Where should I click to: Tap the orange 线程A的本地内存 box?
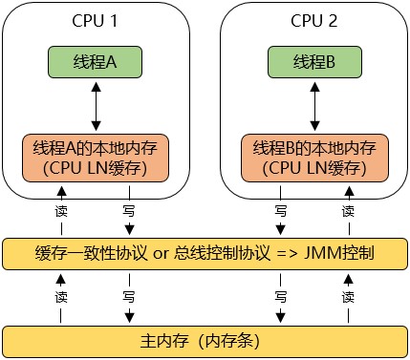click(95, 158)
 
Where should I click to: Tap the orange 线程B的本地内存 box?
click(313, 158)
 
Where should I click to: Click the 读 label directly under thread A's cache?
click(62, 209)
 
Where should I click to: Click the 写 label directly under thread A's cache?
click(127, 209)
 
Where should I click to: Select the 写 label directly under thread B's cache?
click(281, 209)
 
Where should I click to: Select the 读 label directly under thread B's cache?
click(347, 209)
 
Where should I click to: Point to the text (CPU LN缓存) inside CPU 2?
click(313, 169)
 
